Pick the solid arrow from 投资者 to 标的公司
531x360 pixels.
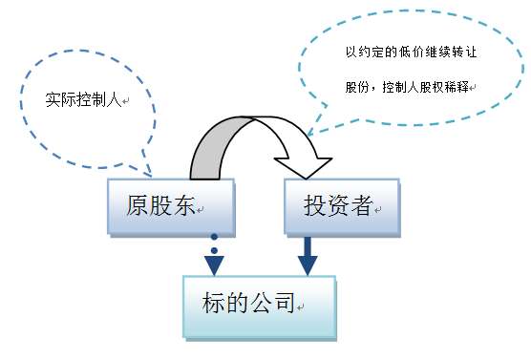[x=308, y=255]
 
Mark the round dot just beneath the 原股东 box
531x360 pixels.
[x=215, y=237]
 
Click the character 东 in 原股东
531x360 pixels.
[x=185, y=205]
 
